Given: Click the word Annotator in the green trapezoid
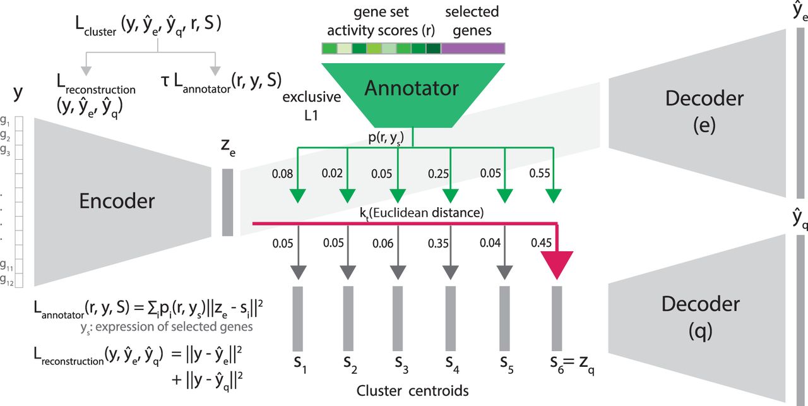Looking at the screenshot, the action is click(412, 88).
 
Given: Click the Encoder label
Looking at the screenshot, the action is click(117, 201).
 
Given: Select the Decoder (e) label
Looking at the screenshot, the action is click(704, 112).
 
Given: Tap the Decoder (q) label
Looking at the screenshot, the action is click(701, 318).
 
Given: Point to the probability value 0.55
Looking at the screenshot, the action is click(540, 173).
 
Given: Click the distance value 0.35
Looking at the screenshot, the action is click(438, 243).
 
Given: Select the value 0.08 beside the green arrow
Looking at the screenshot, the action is click(282, 174).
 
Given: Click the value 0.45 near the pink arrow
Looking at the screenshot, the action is click(541, 243).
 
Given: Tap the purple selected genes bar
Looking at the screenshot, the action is click(473, 49).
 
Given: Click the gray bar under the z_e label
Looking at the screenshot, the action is click(228, 203).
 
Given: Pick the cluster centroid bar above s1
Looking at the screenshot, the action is click(297, 319).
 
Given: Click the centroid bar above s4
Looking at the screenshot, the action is click(451, 319).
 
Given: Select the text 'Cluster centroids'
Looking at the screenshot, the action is click(412, 391).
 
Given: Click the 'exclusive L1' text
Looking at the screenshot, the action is click(312, 106).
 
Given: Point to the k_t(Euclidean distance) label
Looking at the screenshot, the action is click(422, 213).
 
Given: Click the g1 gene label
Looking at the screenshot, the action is click(5, 121).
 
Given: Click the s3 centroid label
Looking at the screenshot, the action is click(401, 364).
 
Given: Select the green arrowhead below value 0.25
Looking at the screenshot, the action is click(451, 196).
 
